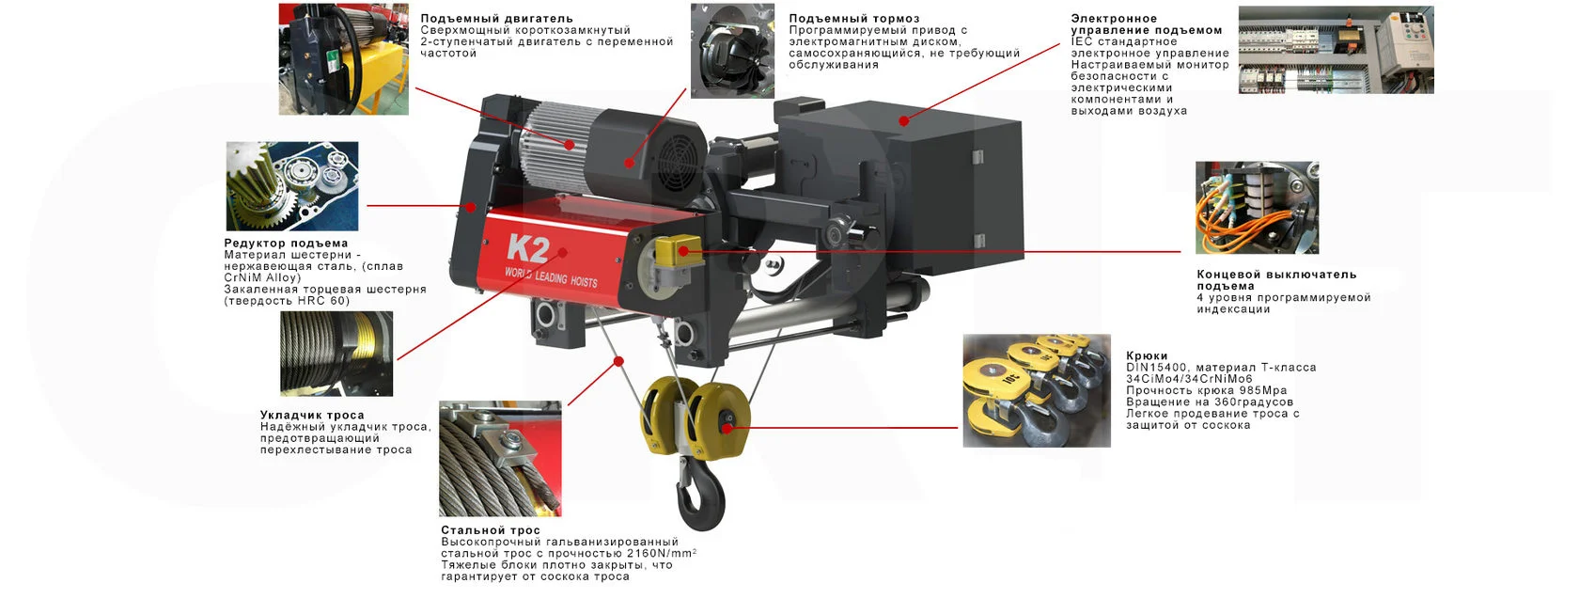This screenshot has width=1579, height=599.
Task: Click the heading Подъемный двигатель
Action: (497, 19)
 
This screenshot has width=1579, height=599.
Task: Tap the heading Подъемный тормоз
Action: (854, 19)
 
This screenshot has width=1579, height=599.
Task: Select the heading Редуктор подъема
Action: (286, 244)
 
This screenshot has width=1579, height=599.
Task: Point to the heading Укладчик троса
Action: (312, 415)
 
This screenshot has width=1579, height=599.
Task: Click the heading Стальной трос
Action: (491, 529)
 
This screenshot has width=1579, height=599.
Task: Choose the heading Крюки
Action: (1147, 355)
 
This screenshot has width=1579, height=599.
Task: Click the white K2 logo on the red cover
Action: (528, 248)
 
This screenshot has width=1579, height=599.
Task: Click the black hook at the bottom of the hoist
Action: (701, 494)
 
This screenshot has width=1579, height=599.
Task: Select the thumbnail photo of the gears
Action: (291, 186)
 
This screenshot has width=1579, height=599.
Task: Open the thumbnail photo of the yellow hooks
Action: (1037, 391)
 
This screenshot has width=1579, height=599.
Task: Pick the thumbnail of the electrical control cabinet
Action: (1336, 50)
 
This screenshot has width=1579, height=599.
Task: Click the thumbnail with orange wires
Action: (1257, 208)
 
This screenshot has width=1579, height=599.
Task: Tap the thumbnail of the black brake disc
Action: (732, 51)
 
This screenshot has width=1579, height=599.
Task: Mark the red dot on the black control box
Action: (904, 121)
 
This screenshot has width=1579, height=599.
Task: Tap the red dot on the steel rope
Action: (618, 361)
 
